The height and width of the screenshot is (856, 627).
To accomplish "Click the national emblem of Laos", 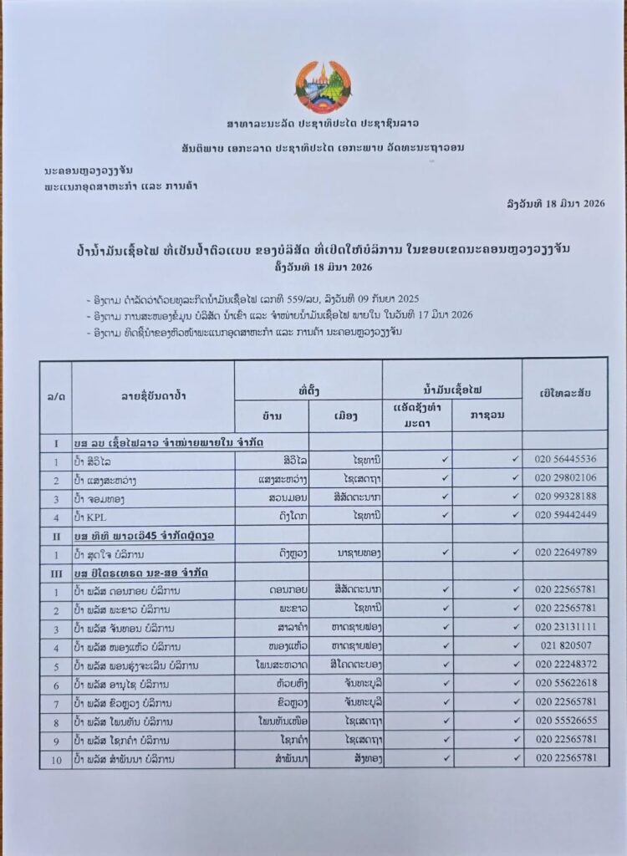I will pyautogui.click(x=324, y=87).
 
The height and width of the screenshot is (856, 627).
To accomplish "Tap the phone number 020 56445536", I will pyautogui.click(x=566, y=459).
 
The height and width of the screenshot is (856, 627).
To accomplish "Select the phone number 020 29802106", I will pyautogui.click(x=566, y=477).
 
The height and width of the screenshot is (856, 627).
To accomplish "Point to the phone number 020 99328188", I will pyautogui.click(x=566, y=497).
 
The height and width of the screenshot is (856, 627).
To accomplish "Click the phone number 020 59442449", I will pyautogui.click(x=566, y=515).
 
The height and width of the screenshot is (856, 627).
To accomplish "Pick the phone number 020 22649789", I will pyautogui.click(x=566, y=553).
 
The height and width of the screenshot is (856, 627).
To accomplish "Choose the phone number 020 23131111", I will pyautogui.click(x=566, y=628).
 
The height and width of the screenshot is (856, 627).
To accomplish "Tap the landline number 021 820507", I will pyautogui.click(x=566, y=646).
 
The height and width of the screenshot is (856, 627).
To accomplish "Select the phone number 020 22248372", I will pyautogui.click(x=566, y=665).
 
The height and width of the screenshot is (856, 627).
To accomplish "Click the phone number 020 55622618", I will pyautogui.click(x=566, y=684).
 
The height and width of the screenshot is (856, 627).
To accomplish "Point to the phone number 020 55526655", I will pyautogui.click(x=566, y=721).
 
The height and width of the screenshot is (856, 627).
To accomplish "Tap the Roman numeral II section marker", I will pyautogui.click(x=55, y=534).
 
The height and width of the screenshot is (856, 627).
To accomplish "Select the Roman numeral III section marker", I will pyautogui.click(x=55, y=572).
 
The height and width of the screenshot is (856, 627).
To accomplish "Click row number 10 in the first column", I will pyautogui.click(x=55, y=759).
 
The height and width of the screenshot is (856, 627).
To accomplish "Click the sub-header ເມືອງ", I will pyautogui.click(x=344, y=415).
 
